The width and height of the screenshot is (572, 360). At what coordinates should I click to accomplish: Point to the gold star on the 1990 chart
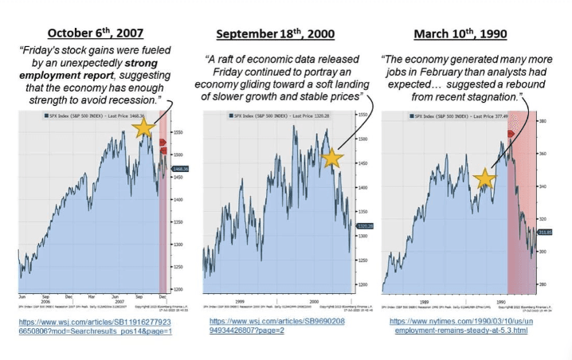point(484,178)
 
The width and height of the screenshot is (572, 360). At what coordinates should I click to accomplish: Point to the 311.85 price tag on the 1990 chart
point(545,233)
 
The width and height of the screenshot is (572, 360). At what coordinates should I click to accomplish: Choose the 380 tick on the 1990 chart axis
point(543,121)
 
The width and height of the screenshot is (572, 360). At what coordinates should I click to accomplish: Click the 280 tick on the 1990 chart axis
point(543,284)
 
